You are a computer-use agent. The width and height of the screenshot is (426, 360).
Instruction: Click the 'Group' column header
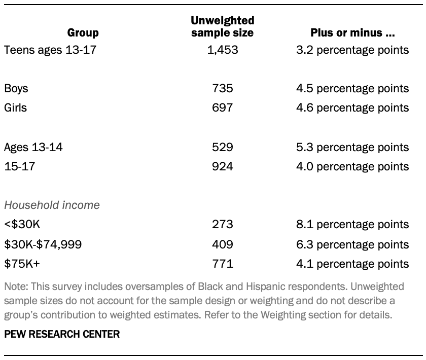coord(83,33)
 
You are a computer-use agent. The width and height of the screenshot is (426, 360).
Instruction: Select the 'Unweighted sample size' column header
coord(222,27)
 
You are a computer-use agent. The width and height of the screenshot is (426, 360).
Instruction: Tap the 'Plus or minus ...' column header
coord(352,33)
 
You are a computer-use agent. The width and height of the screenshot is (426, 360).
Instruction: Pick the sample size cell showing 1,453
coord(222,50)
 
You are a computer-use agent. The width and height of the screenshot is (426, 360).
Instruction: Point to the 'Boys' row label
coord(16,88)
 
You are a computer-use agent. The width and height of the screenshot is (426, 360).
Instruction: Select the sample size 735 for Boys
coord(222,88)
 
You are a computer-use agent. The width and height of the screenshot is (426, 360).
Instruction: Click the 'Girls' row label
coord(15,107)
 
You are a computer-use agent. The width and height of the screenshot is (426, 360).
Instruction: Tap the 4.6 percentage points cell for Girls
coord(352,107)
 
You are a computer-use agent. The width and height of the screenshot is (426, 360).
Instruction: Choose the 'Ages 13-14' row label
coord(33,147)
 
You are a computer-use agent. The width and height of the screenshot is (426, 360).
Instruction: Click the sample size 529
coord(222,147)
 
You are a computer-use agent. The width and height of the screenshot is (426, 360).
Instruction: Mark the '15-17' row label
coord(19,166)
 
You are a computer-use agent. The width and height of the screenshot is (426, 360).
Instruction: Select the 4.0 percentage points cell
coord(352,166)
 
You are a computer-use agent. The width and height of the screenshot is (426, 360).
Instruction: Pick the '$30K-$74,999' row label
coord(43,244)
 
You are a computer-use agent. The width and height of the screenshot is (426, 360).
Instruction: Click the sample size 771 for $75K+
coord(222,264)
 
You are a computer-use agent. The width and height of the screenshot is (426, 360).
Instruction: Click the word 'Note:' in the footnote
coord(16,286)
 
